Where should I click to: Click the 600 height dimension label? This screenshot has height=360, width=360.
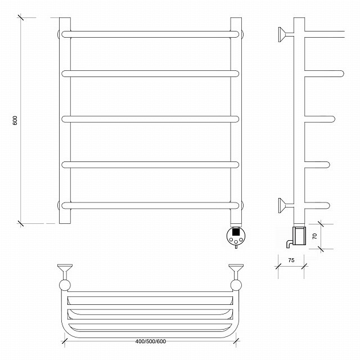pos(15,120)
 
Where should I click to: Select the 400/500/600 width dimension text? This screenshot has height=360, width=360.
pos(151,341)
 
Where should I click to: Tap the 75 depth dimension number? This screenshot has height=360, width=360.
pos(291,260)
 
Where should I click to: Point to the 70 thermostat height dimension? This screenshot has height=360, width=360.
pos(315,236)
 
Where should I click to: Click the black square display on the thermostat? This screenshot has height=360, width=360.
pos(236,231)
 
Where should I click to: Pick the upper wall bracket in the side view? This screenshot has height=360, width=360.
pos(286,34)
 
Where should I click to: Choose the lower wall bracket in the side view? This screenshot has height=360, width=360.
pos(286,205)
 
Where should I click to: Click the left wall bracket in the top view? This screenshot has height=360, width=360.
pos(65,272)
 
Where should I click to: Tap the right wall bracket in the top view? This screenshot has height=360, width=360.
pos(236,272)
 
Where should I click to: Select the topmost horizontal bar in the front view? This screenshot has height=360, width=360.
pos(150,34)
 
